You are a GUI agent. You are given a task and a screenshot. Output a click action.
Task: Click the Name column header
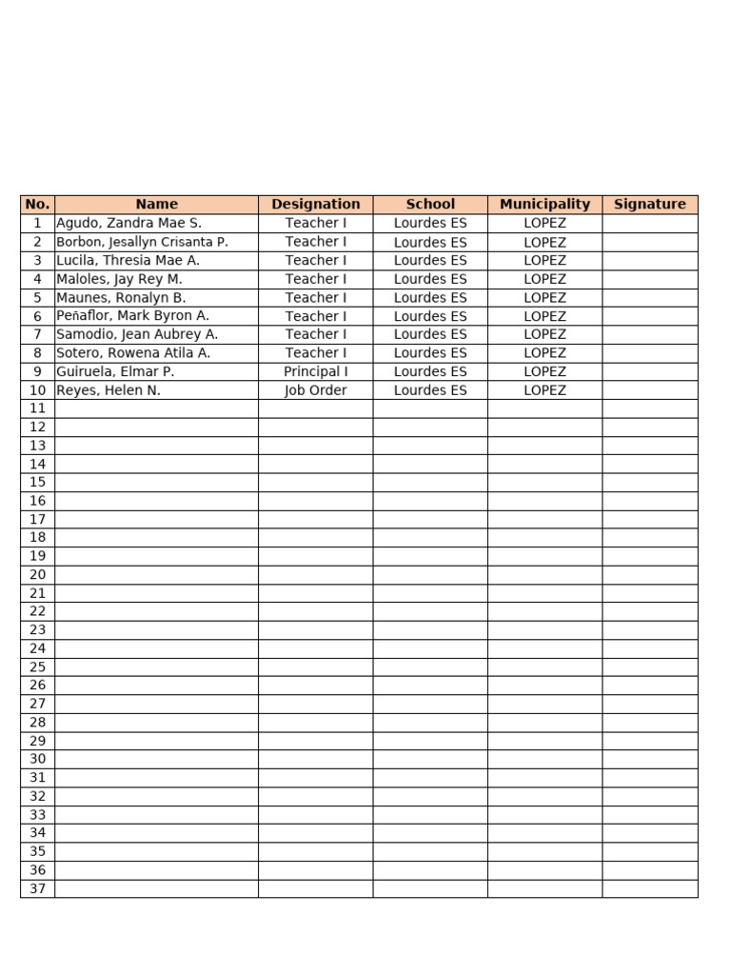156,204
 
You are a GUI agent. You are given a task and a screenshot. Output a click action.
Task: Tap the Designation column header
315,204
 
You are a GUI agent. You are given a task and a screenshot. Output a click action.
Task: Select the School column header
430,204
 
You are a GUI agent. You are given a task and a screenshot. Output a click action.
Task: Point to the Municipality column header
544,204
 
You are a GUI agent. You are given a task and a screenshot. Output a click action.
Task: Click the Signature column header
649,204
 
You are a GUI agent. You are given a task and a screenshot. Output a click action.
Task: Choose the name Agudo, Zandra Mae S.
129,223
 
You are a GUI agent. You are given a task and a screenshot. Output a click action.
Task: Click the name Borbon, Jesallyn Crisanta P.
142,242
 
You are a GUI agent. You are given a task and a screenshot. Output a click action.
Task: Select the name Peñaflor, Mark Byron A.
132,315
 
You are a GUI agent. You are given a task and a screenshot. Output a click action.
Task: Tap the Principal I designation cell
315,371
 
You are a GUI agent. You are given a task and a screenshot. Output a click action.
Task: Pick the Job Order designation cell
315,390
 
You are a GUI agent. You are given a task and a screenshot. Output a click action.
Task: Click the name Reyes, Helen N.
109,390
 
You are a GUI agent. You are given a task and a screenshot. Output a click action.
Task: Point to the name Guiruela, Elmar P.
115,371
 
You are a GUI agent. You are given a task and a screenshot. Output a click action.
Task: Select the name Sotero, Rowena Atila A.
133,352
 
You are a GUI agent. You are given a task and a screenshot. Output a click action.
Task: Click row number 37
37,888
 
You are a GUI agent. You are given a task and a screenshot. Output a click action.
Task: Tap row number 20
37,574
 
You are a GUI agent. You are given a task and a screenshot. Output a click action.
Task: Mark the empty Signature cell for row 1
649,223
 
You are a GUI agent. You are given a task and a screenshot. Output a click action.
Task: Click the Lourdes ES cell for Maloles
430,279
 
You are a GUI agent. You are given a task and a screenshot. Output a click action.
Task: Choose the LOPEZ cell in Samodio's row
544,334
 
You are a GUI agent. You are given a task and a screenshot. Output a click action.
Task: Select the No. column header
37,204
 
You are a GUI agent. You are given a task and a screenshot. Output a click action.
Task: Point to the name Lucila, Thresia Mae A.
128,260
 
